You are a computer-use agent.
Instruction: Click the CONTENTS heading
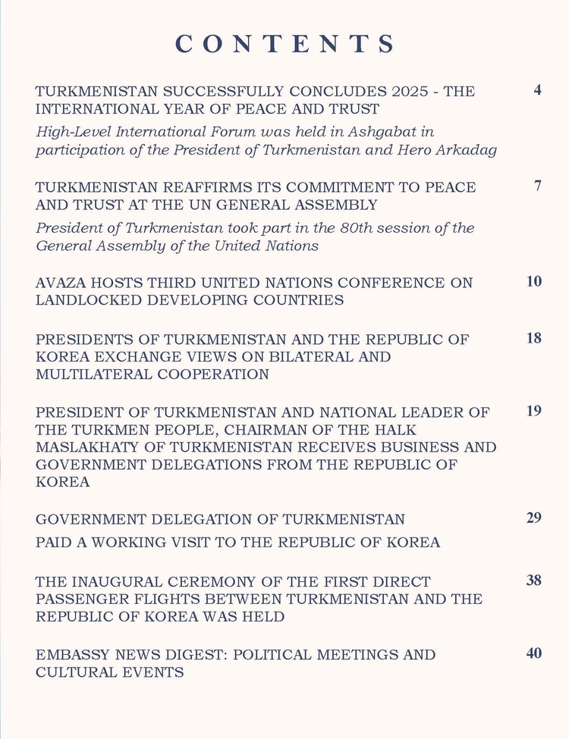click(x=285, y=43)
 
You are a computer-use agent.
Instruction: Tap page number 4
click(x=537, y=91)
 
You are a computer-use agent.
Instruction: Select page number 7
click(x=537, y=186)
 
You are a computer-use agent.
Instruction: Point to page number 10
click(x=534, y=282)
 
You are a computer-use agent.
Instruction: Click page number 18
click(x=534, y=338)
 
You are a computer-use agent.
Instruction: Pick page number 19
click(x=534, y=411)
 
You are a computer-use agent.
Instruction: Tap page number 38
click(x=534, y=581)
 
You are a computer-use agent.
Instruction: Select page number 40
click(x=534, y=653)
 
